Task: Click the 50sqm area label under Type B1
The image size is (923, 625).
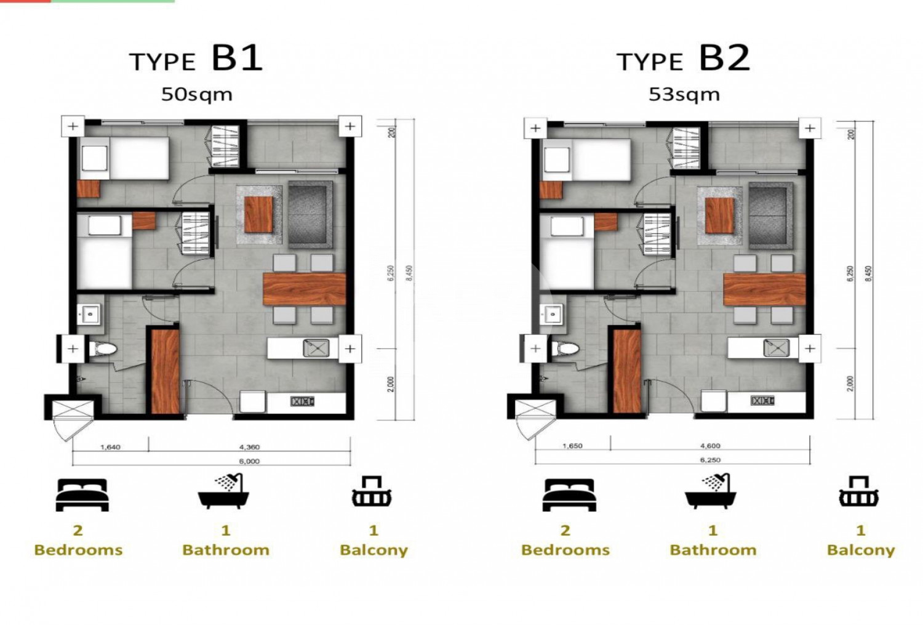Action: click(196, 94)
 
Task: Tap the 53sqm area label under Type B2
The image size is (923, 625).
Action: click(684, 94)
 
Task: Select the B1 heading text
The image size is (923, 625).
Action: click(237, 58)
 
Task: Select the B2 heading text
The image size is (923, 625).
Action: click(724, 58)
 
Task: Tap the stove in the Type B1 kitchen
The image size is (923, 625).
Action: click(302, 401)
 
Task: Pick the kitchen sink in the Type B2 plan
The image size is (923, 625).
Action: click(776, 348)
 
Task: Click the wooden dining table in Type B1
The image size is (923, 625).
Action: click(304, 289)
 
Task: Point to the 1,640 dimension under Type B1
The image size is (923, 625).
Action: click(110, 447)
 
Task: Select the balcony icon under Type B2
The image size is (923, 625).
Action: click(858, 491)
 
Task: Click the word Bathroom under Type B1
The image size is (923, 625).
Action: click(226, 550)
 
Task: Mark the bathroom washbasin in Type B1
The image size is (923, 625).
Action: click(90, 314)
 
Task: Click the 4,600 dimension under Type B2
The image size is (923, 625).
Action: click(710, 446)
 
